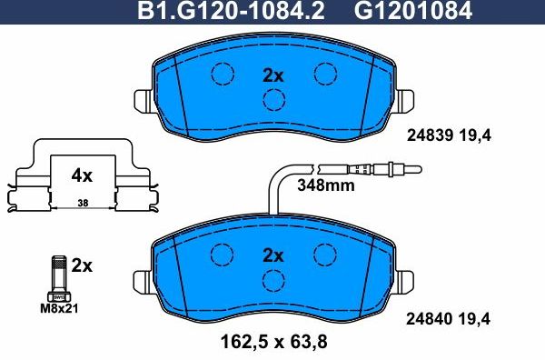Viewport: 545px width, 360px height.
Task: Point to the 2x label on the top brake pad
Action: pos(273,75)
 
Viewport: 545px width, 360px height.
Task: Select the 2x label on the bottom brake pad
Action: pos(273,255)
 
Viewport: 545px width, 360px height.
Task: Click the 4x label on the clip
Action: pos(83,173)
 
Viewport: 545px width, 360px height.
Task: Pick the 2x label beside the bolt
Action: pos(82,265)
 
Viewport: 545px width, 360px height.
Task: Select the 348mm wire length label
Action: pos(326,186)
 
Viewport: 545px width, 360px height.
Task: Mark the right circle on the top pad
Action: pos(324,75)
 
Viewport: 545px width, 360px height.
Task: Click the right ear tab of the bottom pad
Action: pos(407,278)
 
